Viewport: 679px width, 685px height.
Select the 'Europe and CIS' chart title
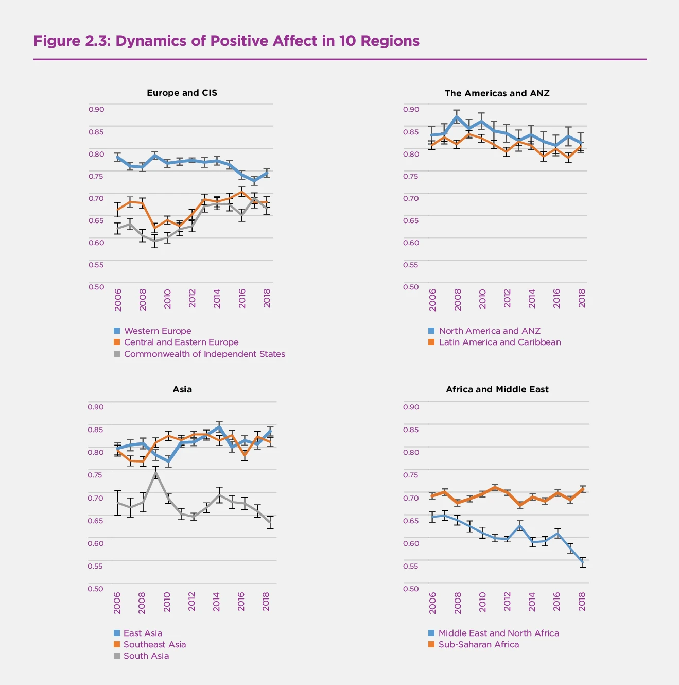coord(182,93)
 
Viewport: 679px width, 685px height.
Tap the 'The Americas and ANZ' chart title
coord(497,93)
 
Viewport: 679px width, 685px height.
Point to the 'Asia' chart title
coord(182,389)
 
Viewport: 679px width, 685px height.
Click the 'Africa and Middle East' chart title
coord(497,389)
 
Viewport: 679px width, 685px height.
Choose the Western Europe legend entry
coord(157,331)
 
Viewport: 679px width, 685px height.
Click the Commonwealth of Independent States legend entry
coord(204,354)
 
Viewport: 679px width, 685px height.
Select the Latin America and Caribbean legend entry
coord(499,342)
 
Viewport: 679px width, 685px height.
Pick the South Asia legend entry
coord(146,656)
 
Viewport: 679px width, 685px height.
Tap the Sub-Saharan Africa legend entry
coord(478,644)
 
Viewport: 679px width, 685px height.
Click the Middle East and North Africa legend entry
coord(498,633)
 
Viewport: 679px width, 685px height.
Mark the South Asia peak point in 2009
coord(155,472)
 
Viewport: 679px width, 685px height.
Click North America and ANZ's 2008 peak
coord(457,116)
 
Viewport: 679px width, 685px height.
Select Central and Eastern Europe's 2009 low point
coord(155,228)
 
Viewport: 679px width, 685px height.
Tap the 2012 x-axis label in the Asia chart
coord(191,602)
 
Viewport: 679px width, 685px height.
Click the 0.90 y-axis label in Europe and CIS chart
coord(96,109)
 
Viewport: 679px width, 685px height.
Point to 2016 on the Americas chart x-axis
coord(556,298)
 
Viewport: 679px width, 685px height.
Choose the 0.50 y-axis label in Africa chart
coord(411,589)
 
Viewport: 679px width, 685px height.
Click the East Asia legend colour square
coord(117,633)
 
